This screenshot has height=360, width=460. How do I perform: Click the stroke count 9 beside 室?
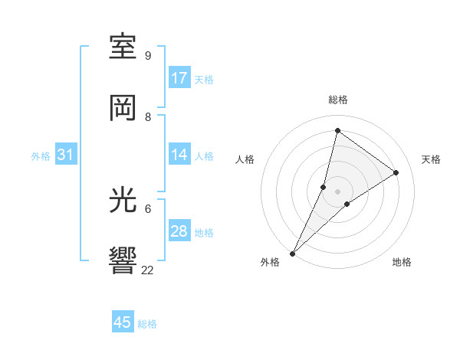[x=148, y=56]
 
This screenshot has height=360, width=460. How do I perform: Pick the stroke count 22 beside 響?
[x=148, y=270]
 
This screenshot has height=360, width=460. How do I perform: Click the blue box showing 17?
[x=179, y=78]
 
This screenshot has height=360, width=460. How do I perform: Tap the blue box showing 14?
[x=179, y=155]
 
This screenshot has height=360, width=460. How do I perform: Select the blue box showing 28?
[x=179, y=231]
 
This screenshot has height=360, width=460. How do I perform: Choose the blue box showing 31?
[x=66, y=155]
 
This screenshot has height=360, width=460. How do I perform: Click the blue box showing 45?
[x=123, y=322]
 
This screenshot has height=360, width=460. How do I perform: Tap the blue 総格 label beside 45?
[x=147, y=324]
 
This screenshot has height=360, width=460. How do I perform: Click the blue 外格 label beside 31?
[x=41, y=155]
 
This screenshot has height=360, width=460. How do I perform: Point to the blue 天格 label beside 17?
[x=204, y=79]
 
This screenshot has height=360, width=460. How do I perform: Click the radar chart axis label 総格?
[x=338, y=100]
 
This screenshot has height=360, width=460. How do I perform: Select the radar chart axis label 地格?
[x=402, y=262]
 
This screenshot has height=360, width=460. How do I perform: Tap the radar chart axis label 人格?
[x=245, y=159]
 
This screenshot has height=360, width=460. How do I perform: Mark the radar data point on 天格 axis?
[x=396, y=172]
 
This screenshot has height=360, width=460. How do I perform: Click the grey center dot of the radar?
[x=338, y=190]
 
